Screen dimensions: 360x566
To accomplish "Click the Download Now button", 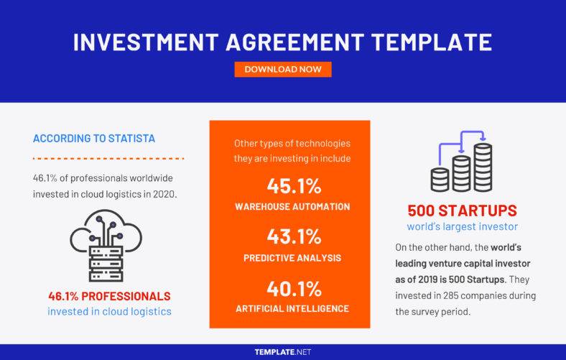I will tap(283, 70).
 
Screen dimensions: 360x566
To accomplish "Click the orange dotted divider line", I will tap(109, 158).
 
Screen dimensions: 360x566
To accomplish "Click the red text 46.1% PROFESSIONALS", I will tap(108, 296).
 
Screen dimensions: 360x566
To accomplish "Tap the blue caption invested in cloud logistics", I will tap(108, 311).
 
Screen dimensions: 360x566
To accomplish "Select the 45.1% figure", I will tap(292, 186).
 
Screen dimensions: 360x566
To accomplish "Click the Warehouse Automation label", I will tap(292, 206).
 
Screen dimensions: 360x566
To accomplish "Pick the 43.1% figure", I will tap(292, 236).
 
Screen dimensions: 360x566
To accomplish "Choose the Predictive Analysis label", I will tap(292, 257).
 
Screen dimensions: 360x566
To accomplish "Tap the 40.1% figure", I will tap(292, 288).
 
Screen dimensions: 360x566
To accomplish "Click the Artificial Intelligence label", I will tap(292, 308).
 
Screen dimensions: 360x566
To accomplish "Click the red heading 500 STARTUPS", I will tap(461, 211).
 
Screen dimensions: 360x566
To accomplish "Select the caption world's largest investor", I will tap(461, 227).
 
